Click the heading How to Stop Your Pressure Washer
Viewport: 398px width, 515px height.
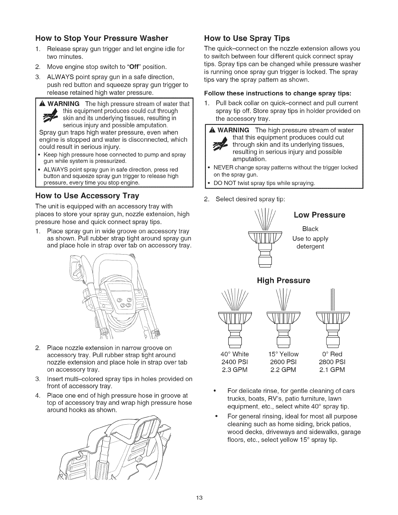tap(101, 38)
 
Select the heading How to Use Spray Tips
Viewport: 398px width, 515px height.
tap(247, 38)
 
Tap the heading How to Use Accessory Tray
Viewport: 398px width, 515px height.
tap(87, 196)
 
